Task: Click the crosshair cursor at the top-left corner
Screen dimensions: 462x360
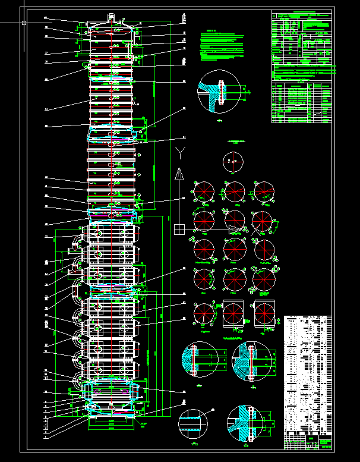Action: tap(24, 23)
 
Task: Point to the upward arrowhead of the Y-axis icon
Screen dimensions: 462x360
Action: tap(179, 174)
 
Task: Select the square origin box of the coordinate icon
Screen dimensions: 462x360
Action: tap(179, 228)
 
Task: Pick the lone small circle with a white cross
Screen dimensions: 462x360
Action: tap(233, 162)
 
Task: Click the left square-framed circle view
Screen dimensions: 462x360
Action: tap(233, 313)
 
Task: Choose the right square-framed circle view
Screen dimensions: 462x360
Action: tap(264, 313)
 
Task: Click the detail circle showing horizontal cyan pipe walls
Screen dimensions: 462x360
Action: tap(193, 423)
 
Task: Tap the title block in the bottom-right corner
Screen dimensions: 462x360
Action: tap(308, 441)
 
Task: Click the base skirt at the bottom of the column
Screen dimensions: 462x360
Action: tap(111, 420)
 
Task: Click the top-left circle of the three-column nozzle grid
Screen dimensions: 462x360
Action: tap(204, 191)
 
